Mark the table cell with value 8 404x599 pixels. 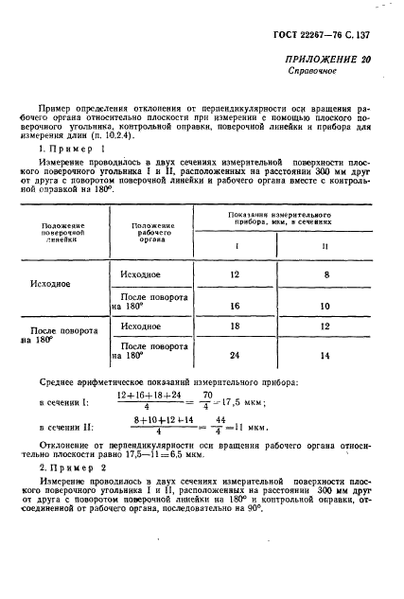coord(325,274)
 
